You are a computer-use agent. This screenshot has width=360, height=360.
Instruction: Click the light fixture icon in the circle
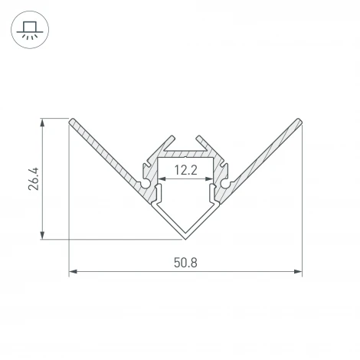click(28, 33)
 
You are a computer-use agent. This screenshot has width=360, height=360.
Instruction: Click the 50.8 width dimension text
click(185, 262)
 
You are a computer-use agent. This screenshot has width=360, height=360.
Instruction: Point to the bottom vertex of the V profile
click(185, 237)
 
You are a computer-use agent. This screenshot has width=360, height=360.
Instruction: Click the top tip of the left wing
click(72, 121)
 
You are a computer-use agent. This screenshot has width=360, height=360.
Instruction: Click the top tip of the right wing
click(299, 121)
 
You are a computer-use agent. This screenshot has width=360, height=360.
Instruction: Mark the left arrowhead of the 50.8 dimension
click(72, 271)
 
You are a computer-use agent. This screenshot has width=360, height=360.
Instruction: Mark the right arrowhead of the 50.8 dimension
click(299, 271)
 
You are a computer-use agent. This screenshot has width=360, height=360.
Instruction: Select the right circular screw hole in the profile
click(224, 183)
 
